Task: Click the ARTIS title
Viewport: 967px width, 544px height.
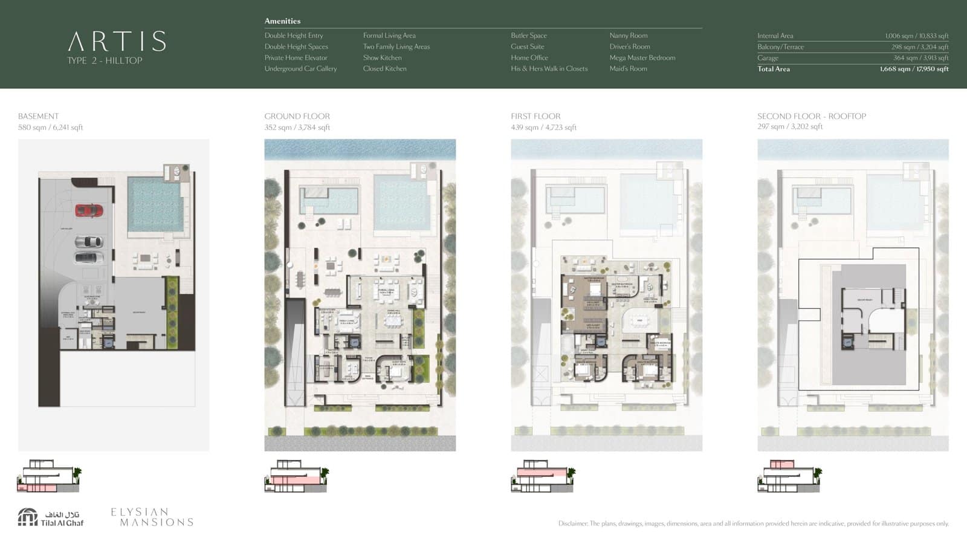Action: coord(117,42)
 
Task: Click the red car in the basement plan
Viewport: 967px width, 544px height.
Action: coord(89,210)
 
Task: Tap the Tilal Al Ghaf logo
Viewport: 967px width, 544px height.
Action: coord(51,517)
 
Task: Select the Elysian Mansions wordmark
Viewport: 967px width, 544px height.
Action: coord(152,517)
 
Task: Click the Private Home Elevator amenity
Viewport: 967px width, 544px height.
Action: coord(296,58)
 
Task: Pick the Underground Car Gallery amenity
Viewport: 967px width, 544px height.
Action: coord(300,69)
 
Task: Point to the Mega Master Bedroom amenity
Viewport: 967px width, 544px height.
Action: coord(642,58)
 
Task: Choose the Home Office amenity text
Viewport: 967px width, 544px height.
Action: coord(529,58)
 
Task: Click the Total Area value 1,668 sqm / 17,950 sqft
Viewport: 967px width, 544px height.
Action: coord(914,69)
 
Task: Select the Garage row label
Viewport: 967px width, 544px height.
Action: coord(768,58)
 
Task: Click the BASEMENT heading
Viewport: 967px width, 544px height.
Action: coord(38,116)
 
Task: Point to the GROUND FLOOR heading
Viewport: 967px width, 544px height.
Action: coord(297,116)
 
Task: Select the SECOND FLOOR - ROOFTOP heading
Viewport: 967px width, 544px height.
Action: coord(811,116)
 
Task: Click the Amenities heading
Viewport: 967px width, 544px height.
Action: coord(282,21)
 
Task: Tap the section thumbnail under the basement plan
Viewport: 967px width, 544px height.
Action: coord(48,476)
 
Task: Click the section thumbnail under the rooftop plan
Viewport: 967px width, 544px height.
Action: coord(788,476)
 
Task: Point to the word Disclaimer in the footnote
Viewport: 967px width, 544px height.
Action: coord(572,523)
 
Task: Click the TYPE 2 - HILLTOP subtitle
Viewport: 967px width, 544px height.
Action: coord(105,60)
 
